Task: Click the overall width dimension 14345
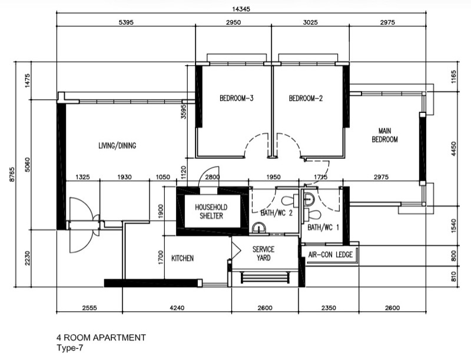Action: [x=241, y=9]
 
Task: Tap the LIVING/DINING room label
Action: [x=117, y=145]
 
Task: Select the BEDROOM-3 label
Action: [x=237, y=98]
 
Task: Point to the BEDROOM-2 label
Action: [x=306, y=98]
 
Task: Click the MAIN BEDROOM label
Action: [x=385, y=135]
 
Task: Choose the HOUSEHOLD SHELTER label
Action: [x=211, y=212]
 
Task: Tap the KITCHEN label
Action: [x=183, y=258]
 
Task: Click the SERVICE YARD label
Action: [x=263, y=254]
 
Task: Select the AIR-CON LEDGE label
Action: [x=330, y=255]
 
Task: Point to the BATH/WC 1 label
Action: [x=323, y=228]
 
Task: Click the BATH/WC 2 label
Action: [x=277, y=213]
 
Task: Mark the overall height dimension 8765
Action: [x=12, y=174]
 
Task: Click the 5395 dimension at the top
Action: [x=126, y=22]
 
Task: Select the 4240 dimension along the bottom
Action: [x=177, y=308]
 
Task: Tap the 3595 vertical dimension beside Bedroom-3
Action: [x=184, y=112]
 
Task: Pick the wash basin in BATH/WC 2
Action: [x=258, y=228]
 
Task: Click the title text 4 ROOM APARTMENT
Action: [x=101, y=338]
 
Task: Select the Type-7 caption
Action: [x=69, y=348]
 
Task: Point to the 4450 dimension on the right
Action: [x=453, y=148]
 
